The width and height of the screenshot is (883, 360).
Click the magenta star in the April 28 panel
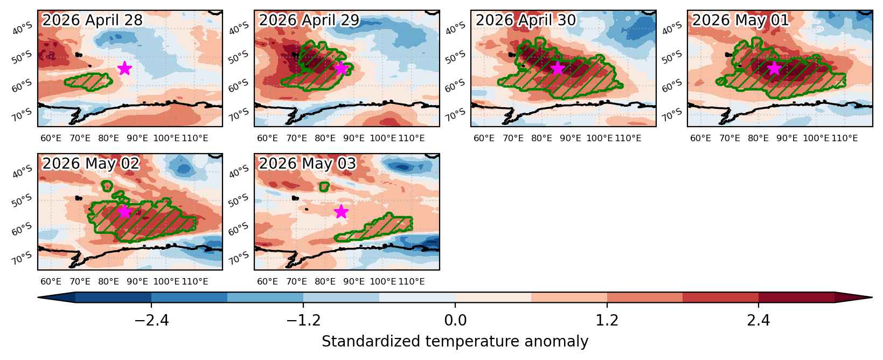(x=124, y=68)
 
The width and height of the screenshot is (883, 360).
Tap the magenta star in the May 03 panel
(x=341, y=211)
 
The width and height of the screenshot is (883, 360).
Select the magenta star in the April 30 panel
(x=558, y=68)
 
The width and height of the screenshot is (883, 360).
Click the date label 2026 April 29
(x=309, y=20)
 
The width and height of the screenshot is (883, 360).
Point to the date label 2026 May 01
(x=741, y=20)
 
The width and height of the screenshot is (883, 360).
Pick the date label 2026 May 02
(x=91, y=163)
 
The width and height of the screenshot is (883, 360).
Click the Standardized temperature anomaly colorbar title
(x=455, y=342)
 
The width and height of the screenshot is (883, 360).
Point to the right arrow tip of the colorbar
(x=872, y=297)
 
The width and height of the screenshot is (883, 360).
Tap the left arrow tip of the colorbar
(x=38, y=297)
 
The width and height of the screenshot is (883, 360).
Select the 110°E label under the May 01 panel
(x=845, y=139)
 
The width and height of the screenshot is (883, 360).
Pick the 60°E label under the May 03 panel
(x=267, y=281)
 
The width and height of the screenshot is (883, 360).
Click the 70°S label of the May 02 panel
(x=22, y=258)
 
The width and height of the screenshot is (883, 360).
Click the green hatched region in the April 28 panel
(x=89, y=81)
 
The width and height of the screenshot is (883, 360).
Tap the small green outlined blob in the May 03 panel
(x=324, y=186)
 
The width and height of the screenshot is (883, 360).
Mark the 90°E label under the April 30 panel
(x=571, y=139)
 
